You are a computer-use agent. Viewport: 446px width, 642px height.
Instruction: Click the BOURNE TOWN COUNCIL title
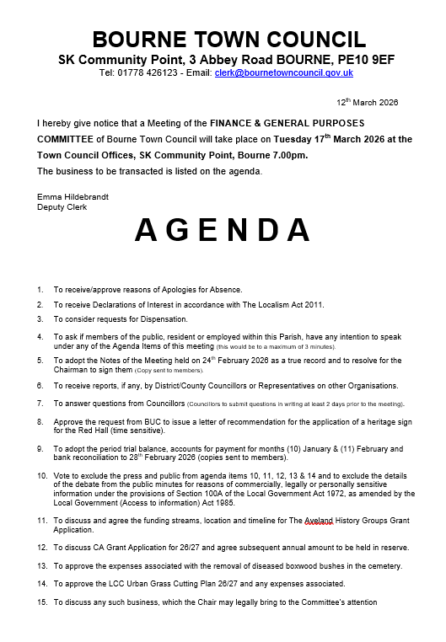(228, 39)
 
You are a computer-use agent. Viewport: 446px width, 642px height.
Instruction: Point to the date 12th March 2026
(367, 102)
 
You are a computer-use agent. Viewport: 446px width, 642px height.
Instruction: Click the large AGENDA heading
(223, 229)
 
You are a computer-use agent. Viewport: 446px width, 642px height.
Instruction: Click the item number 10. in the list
(41, 476)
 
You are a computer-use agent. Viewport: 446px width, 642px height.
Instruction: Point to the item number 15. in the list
(41, 602)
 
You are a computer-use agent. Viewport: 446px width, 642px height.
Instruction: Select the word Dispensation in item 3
(163, 319)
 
